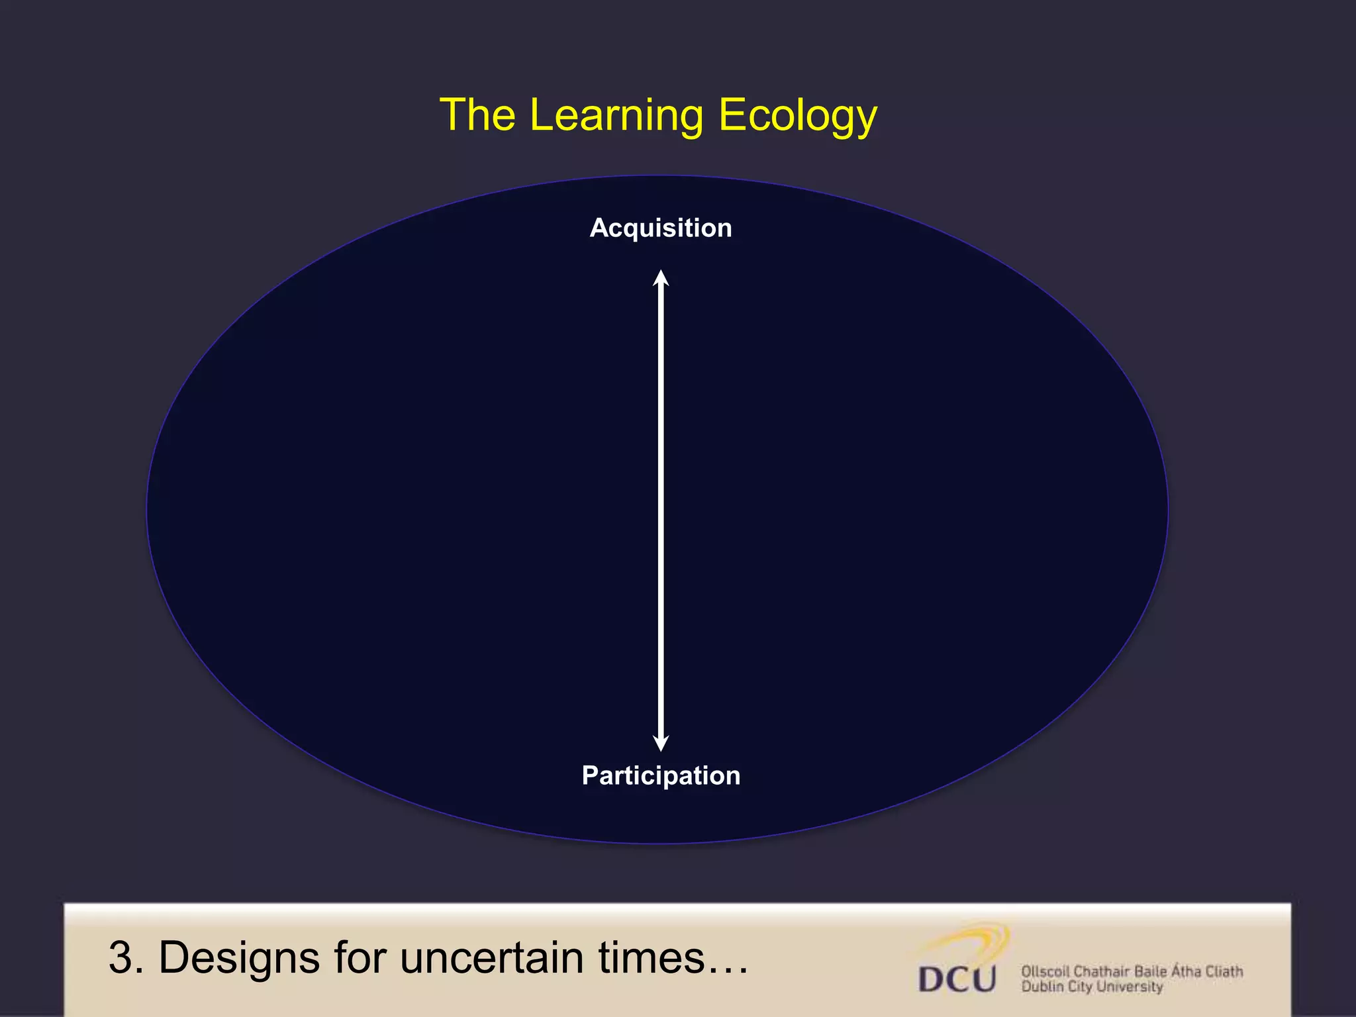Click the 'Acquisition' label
point(661,228)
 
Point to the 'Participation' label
point(661,775)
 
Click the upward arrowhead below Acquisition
point(661,278)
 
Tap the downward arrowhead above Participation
point(661,743)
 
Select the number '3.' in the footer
point(125,957)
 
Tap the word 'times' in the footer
point(652,957)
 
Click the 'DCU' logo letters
point(957,979)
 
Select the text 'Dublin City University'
point(1092,987)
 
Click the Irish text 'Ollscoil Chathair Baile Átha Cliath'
point(1132,971)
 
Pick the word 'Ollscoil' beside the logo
point(1045,971)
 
